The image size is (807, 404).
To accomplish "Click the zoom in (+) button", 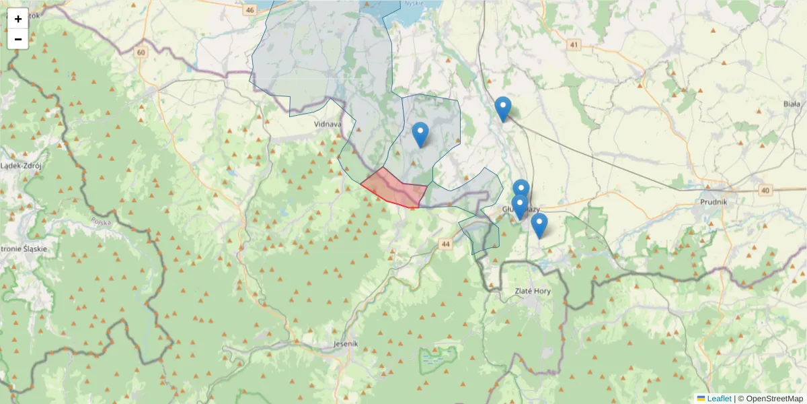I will click(18, 19).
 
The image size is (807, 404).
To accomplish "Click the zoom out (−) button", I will click(18, 39).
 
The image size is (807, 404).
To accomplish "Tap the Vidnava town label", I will click(328, 125).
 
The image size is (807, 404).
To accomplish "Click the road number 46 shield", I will click(250, 10).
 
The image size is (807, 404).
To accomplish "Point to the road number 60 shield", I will click(140, 53).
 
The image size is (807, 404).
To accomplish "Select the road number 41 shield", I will click(573, 45).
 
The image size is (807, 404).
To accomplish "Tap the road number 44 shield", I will click(447, 244).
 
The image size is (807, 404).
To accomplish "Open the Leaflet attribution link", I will click(719, 399).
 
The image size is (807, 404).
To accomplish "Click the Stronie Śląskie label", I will click(24, 248).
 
